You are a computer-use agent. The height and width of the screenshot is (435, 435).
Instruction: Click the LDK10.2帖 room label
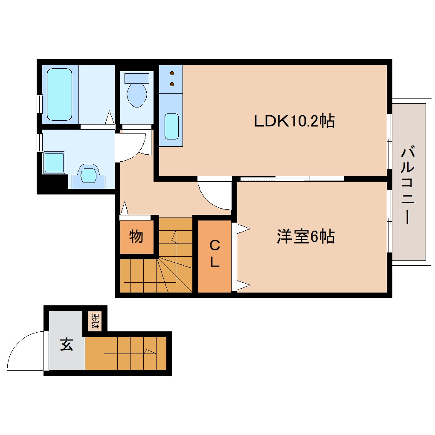click(x=294, y=122)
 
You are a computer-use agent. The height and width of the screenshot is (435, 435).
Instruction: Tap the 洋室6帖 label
click(x=305, y=237)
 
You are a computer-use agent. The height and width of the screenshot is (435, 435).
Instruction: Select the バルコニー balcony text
click(x=409, y=185)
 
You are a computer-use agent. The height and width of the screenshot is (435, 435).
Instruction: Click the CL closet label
click(x=215, y=254)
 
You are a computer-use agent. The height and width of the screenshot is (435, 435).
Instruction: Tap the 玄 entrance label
click(x=66, y=344)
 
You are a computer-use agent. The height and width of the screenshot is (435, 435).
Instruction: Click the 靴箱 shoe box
click(x=95, y=321)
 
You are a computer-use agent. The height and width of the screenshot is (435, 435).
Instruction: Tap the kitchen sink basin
click(x=171, y=126)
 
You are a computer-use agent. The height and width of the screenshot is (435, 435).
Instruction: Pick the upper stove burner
click(x=172, y=73)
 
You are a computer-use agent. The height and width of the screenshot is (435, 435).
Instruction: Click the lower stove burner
click(x=172, y=84)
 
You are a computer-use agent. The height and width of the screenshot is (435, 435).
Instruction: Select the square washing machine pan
click(x=54, y=163)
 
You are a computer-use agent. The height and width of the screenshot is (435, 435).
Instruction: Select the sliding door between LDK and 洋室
click(x=292, y=178)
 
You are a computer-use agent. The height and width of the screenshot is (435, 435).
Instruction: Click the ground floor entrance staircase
click(x=126, y=353)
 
